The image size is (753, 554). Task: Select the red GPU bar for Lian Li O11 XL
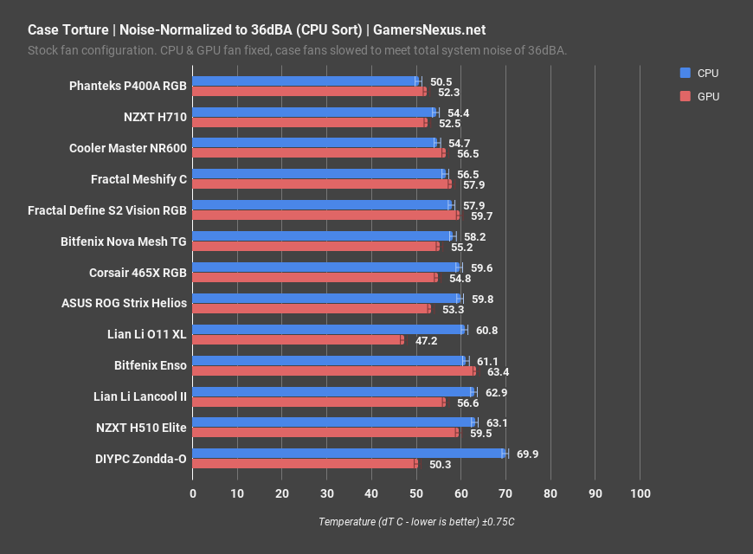[298, 340]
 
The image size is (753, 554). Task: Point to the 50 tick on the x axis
[416, 493]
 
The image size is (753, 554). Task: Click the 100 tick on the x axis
[640, 493]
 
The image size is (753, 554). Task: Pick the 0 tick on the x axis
[193, 493]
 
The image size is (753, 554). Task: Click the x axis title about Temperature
[416, 522]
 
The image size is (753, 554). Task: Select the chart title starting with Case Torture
[256, 29]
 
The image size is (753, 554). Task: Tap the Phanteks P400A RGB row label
[128, 86]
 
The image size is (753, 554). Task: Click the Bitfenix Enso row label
[150, 366]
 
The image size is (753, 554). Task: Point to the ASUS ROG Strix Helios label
[124, 304]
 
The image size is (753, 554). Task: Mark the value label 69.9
[527, 454]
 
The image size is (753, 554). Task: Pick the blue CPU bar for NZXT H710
[314, 113]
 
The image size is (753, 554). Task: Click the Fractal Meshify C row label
[138, 179]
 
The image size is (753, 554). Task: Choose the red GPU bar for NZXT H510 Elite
[325, 432]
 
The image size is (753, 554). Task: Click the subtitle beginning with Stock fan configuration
[297, 50]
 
